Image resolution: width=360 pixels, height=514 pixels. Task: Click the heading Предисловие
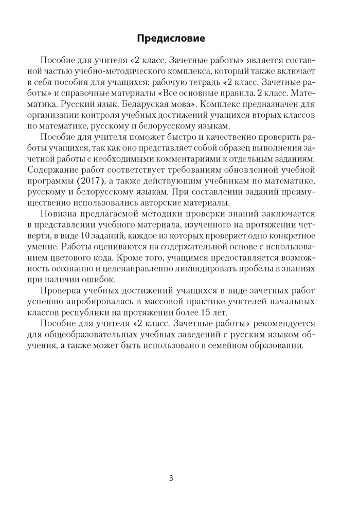click(170, 38)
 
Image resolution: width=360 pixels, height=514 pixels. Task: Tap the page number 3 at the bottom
click(171, 478)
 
